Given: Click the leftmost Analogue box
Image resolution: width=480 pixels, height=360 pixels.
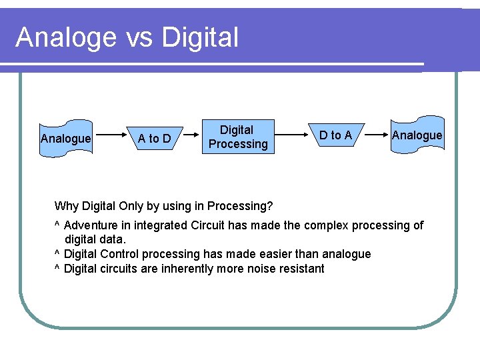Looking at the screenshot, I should (x=65, y=139).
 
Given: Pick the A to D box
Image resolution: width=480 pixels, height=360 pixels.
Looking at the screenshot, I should (x=154, y=139).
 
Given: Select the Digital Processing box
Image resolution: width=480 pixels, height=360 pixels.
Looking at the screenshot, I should (x=237, y=137).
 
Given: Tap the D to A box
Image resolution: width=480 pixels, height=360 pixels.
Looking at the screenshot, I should (x=335, y=136).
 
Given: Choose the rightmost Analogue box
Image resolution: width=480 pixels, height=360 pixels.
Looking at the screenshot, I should (x=417, y=136).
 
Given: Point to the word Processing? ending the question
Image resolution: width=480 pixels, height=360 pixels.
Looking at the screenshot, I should (x=240, y=206).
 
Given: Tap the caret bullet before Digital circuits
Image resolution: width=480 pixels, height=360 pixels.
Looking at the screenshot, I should (x=57, y=269).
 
